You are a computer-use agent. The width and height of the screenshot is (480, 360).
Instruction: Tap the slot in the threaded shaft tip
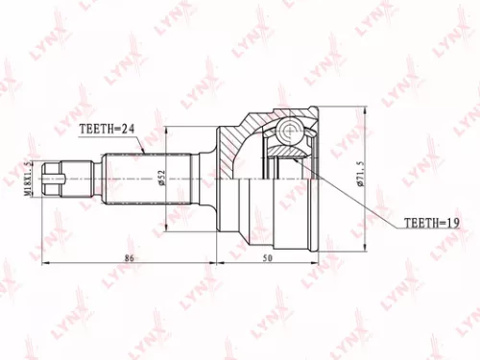pyautogui.click(x=64, y=178)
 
